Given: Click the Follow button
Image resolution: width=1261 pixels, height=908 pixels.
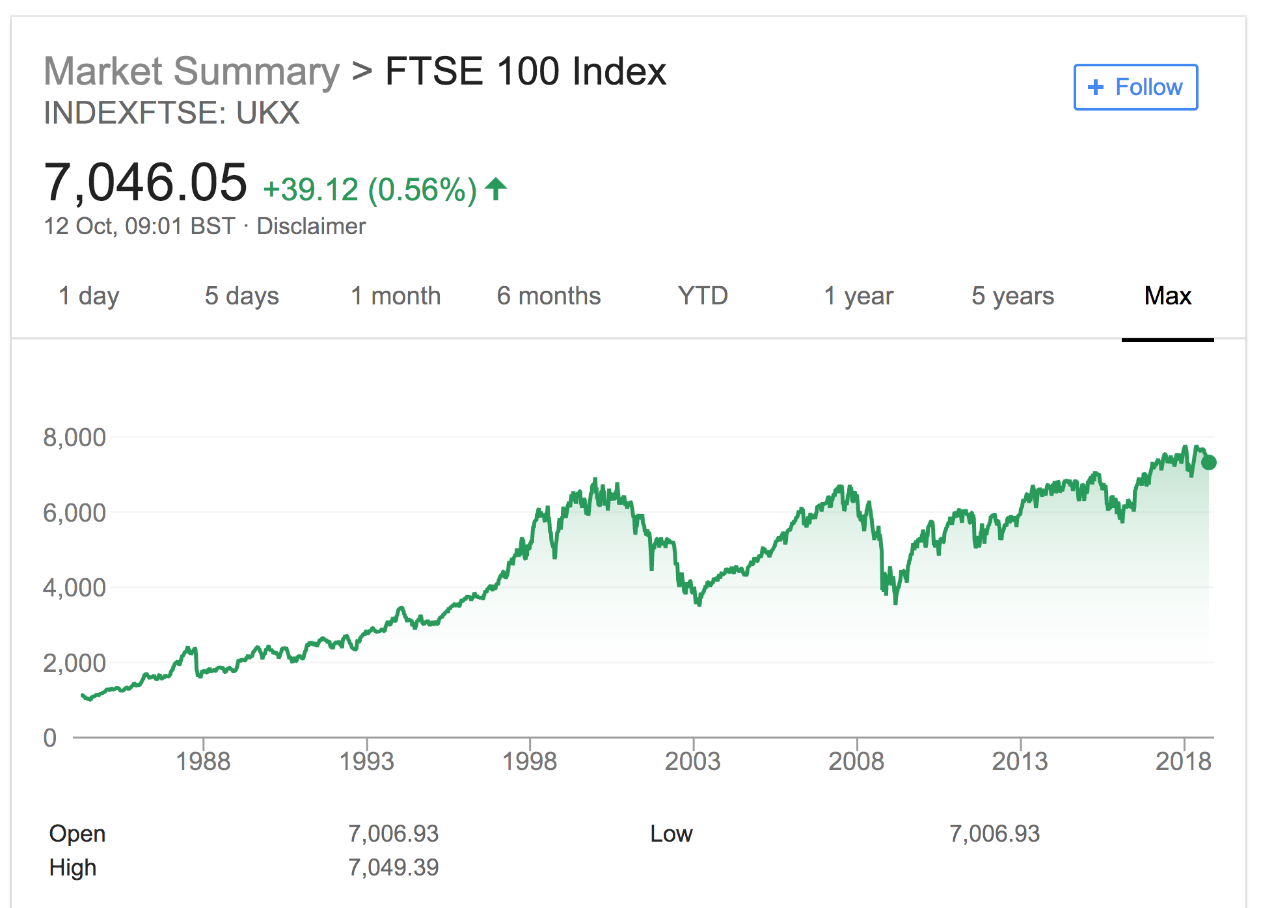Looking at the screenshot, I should [1135, 87].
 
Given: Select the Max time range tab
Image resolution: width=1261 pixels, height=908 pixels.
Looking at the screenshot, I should [1167, 297].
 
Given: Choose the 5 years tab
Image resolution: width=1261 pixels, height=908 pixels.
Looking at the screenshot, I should [1012, 297].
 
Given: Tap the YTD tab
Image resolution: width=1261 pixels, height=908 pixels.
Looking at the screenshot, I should [703, 297].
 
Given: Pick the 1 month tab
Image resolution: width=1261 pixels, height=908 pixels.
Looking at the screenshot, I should [396, 297].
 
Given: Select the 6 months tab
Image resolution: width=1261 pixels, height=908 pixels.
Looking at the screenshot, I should [549, 297].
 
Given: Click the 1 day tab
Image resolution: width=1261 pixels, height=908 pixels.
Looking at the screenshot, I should [88, 297].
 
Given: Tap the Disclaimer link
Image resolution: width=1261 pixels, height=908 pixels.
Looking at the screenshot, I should [311, 226].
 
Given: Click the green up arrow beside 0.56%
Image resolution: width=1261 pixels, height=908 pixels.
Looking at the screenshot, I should [496, 189].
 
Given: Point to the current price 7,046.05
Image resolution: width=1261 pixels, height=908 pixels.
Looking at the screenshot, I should [145, 183].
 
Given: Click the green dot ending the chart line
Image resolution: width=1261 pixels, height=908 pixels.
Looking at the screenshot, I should [1209, 462].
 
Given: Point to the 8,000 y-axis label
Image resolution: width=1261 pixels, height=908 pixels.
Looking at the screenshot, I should [74, 438].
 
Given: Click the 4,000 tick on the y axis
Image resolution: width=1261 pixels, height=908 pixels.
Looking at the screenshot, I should [74, 588].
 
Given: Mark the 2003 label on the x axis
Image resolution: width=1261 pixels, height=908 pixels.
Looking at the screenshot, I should [692, 761].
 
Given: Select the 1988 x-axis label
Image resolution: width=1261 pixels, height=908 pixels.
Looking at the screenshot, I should [203, 761].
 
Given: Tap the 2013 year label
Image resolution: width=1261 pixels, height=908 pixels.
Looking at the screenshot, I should [1020, 761].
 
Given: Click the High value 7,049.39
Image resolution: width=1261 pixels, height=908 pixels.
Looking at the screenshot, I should [393, 867].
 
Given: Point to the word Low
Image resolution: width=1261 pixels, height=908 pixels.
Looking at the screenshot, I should [671, 834].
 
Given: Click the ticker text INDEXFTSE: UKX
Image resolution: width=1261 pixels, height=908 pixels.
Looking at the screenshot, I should [171, 113].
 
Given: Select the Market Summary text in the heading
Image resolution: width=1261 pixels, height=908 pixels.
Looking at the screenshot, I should [191, 71].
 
